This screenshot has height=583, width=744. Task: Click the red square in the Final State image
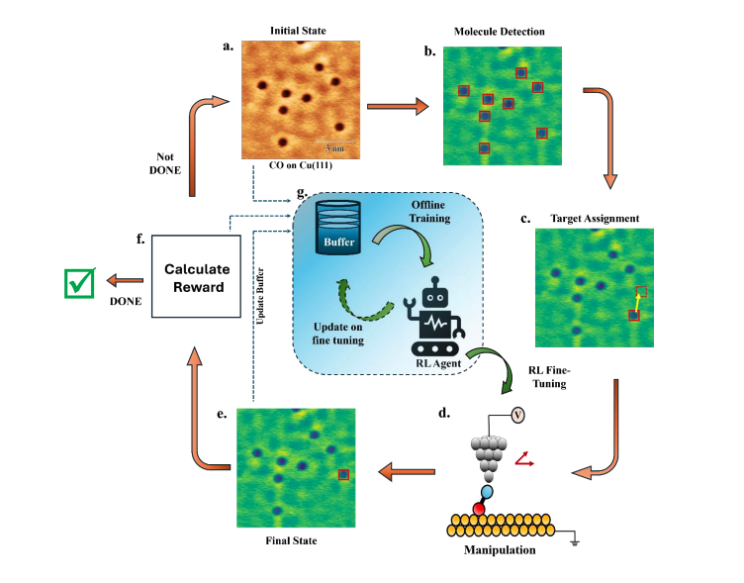pos(343,474)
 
